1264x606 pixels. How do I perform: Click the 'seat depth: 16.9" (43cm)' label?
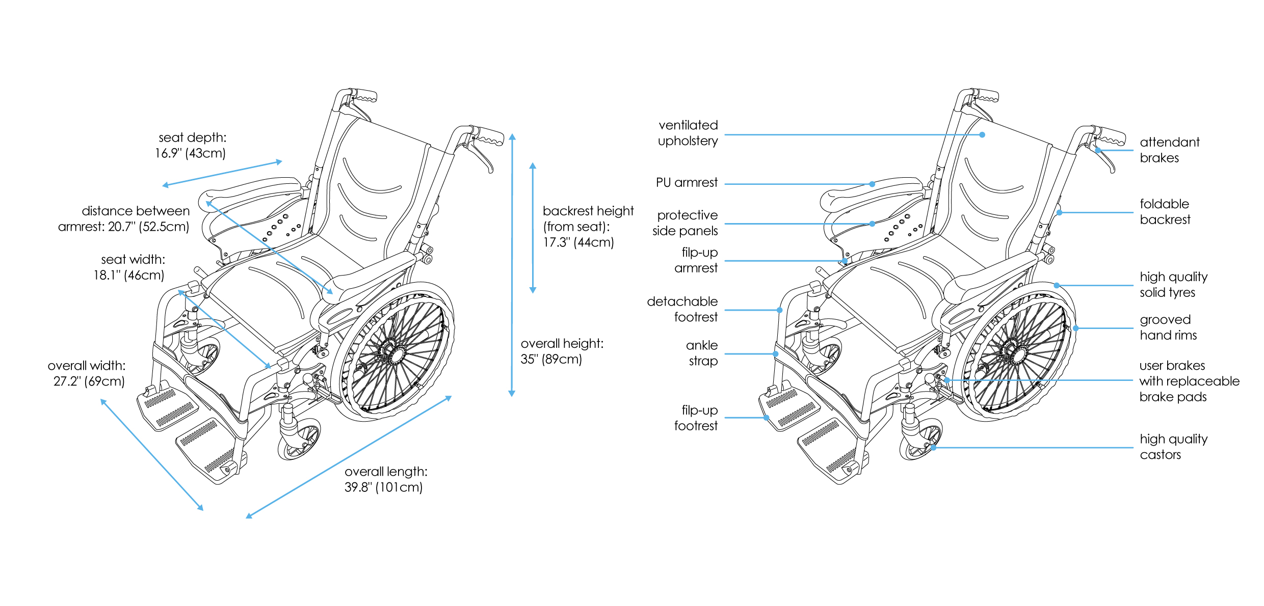pyautogui.click(x=191, y=145)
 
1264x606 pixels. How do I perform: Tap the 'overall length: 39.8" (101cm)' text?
pyautogui.click(x=385, y=479)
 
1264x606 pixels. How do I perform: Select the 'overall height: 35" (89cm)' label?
pyautogui.click(x=562, y=351)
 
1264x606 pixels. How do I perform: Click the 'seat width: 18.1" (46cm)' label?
pyautogui.click(x=130, y=267)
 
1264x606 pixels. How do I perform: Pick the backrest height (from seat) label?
pyautogui.click(x=588, y=227)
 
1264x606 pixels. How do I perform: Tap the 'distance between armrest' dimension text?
pyautogui.click(x=124, y=218)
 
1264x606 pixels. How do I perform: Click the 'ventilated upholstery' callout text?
pyautogui.click(x=688, y=133)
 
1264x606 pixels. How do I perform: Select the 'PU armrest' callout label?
pyautogui.click(x=686, y=182)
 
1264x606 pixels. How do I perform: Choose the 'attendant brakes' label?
pyautogui.click(x=1169, y=150)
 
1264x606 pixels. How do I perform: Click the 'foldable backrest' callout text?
pyautogui.click(x=1165, y=212)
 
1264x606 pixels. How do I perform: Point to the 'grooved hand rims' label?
pyautogui.click(x=1168, y=327)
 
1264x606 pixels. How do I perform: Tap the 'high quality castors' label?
pyautogui.click(x=1173, y=447)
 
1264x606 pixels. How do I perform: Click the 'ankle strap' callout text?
pyautogui.click(x=702, y=353)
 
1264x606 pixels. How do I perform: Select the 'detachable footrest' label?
pyautogui.click(x=682, y=309)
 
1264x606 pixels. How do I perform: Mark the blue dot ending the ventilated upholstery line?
pyautogui.click(x=982, y=135)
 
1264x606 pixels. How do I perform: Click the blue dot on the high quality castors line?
pyautogui.click(x=934, y=448)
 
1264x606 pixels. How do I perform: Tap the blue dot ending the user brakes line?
pyautogui.click(x=946, y=380)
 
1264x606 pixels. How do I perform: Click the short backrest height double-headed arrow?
pyautogui.click(x=533, y=228)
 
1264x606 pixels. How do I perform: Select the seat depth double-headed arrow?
pyautogui.click(x=222, y=174)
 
